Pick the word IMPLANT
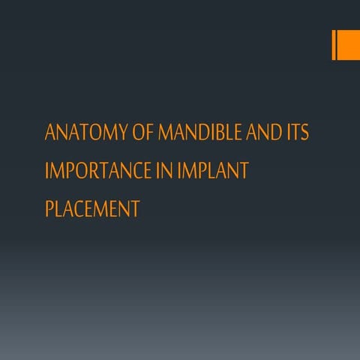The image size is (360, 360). tap(214, 171)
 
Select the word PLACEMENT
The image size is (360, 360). tap(92, 208)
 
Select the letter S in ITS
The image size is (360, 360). tap(304, 133)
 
